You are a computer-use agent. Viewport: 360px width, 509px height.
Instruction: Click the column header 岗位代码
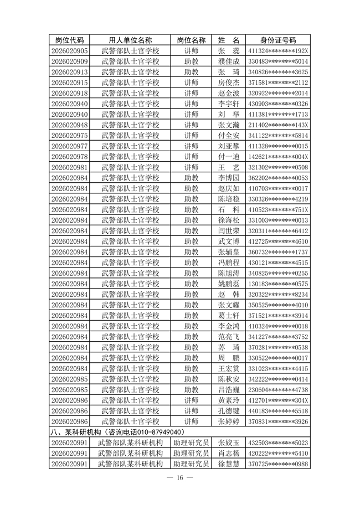pos(69,40)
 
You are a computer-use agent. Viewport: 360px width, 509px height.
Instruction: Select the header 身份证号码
pos(278,40)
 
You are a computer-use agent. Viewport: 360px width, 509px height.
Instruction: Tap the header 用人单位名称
pos(130,40)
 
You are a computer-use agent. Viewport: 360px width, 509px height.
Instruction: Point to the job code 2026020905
pos(69,50)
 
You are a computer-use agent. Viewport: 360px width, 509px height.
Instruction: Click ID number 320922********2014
pos(278,92)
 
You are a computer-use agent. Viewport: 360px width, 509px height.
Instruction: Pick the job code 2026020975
pos(69,135)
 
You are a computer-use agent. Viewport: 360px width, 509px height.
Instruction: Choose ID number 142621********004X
pos(278,157)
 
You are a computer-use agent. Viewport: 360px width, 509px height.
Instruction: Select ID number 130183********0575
pos(278,284)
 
